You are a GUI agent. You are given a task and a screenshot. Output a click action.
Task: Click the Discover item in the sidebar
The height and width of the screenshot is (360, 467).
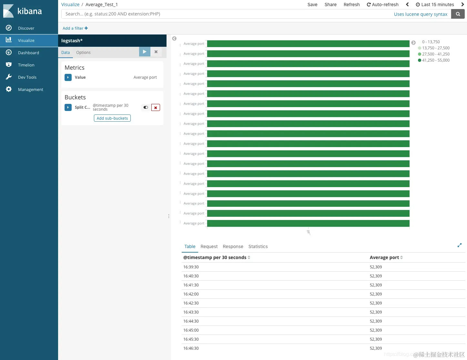click(26, 28)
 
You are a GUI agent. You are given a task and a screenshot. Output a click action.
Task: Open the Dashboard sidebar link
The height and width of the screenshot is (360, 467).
click(28, 53)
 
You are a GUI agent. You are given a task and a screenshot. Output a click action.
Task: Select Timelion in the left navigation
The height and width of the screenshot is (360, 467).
click(26, 65)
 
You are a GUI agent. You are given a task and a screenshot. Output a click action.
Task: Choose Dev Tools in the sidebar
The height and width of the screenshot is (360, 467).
click(27, 77)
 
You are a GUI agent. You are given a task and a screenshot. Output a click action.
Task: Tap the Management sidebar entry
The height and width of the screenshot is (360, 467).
click(30, 90)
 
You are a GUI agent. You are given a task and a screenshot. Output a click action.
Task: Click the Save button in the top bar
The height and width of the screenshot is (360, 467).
click(312, 5)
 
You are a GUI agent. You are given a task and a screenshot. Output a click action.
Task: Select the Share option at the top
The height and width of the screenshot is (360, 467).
click(330, 5)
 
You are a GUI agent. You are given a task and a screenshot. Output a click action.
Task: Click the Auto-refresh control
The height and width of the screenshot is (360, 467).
click(382, 5)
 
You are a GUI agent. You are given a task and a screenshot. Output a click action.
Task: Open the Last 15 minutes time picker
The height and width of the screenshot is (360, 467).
click(435, 5)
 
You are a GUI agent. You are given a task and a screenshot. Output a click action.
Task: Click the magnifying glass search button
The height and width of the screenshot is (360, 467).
click(458, 14)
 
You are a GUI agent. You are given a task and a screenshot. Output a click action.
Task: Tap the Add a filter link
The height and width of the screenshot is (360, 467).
click(75, 28)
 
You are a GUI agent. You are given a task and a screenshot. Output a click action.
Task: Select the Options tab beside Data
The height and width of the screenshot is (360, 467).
click(83, 53)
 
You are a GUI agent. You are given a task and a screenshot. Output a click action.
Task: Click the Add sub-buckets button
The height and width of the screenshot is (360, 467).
click(112, 118)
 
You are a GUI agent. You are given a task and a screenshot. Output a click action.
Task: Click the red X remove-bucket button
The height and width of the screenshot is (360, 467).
click(156, 108)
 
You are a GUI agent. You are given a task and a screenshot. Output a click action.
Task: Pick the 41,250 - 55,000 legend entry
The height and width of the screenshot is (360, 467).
click(435, 60)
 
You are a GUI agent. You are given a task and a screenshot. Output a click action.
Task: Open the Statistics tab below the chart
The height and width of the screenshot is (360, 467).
click(258, 246)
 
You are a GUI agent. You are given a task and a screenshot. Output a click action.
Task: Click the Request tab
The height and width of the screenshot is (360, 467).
click(209, 246)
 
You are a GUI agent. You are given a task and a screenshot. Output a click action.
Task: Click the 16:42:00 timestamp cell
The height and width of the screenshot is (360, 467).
click(191, 294)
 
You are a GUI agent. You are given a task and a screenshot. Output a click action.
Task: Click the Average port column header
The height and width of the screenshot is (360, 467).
click(384, 257)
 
